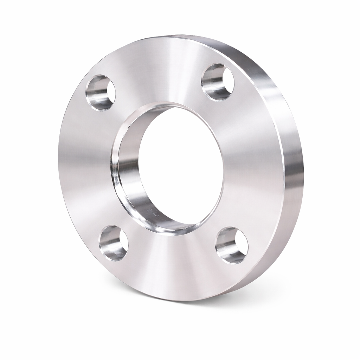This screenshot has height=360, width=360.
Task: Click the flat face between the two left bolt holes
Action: point(84,165)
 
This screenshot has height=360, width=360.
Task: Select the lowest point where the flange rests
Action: point(183,301)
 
